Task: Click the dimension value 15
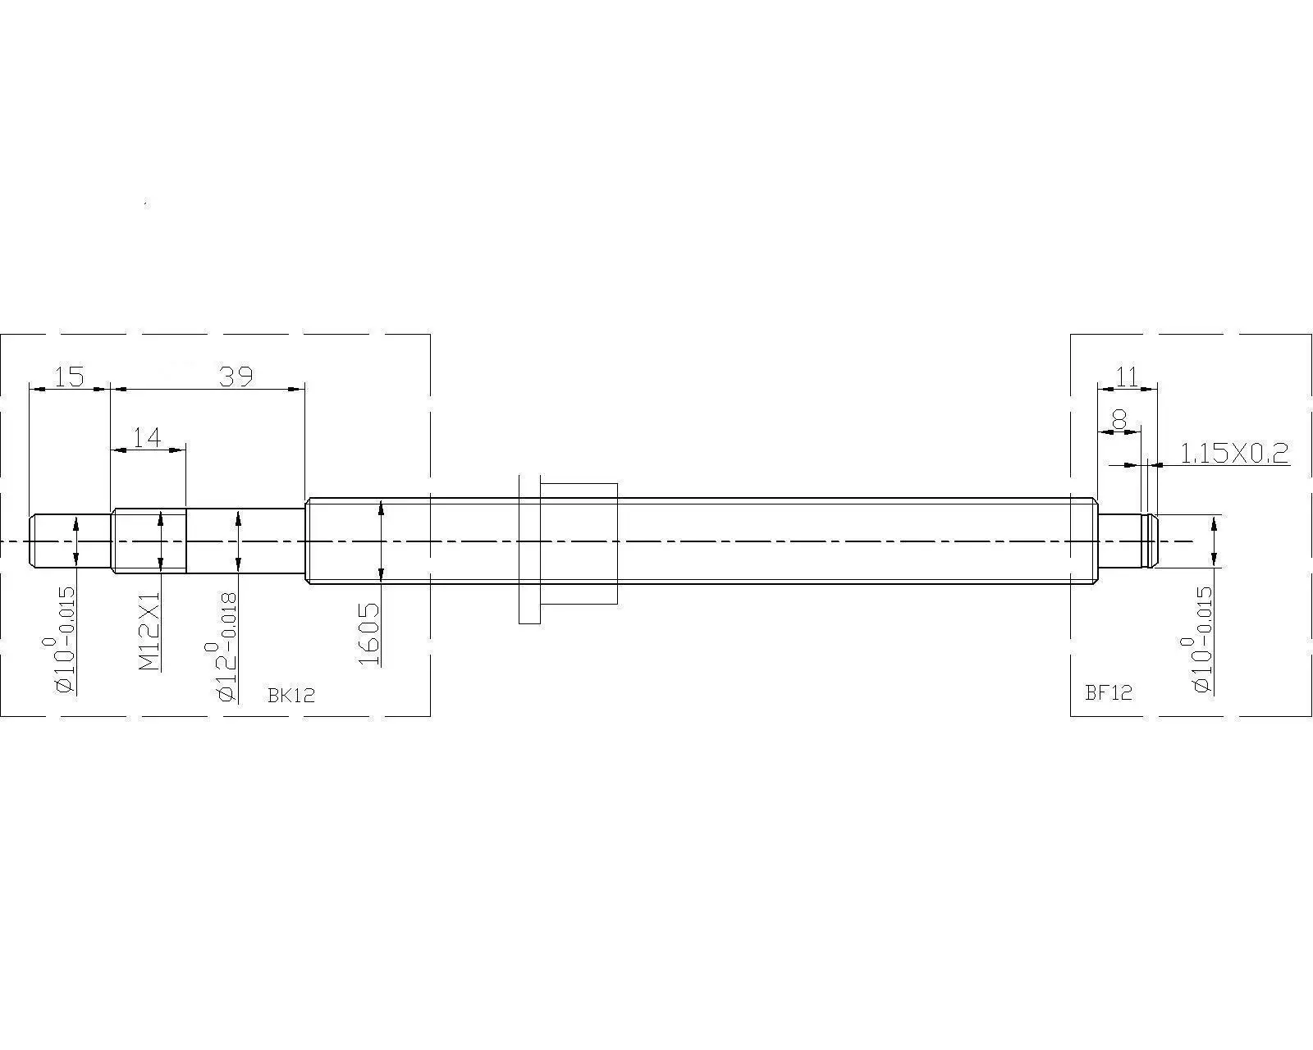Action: pyautogui.click(x=69, y=377)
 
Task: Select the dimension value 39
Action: pyautogui.click(x=236, y=377)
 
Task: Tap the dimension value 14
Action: pyautogui.click(x=148, y=438)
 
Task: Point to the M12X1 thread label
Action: pyautogui.click(x=150, y=632)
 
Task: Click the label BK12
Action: pyautogui.click(x=291, y=695)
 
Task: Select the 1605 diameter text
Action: pyautogui.click(x=370, y=633)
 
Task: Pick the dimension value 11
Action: pyautogui.click(x=1128, y=377)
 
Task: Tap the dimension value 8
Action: pyautogui.click(x=1119, y=421)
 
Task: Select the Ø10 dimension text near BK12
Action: pyautogui.click(x=66, y=640)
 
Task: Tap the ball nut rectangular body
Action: pyautogui.click(x=579, y=544)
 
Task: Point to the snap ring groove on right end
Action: pyautogui.click(x=1145, y=541)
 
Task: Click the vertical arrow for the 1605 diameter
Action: pyautogui.click(x=381, y=541)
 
